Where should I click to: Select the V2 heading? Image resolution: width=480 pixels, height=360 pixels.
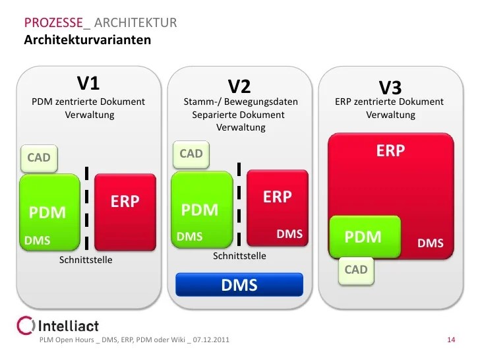pos(239,86)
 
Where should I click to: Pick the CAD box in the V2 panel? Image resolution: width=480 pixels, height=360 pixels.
pos(191,154)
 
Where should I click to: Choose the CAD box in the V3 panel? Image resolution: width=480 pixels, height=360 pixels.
pos(356,270)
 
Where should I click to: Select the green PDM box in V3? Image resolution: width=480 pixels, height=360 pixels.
pos(364,237)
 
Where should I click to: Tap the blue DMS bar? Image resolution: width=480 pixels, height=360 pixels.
pos(239,285)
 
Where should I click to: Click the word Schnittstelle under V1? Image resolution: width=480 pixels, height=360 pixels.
pos(86,260)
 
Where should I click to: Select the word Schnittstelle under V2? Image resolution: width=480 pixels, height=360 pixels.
pos(239,256)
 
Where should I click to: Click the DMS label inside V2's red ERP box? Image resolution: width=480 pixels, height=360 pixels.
pos(289,234)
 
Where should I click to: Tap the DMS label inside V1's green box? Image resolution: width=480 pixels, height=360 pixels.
pos(38,241)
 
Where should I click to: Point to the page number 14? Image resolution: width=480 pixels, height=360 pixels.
pos(452,340)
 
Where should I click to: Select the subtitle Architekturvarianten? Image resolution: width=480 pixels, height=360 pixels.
pos(88,40)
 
